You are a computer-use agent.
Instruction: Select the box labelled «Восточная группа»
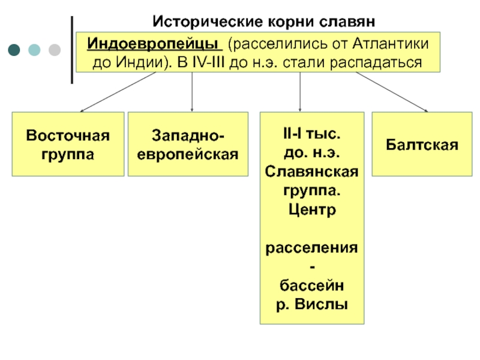(x=68, y=144)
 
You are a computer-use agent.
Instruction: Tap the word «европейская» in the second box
(x=188, y=154)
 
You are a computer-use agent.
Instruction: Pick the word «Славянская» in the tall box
(x=311, y=172)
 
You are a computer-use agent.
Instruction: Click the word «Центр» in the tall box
(x=311, y=211)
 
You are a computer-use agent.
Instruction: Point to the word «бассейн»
(x=311, y=284)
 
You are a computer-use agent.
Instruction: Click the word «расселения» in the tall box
(x=311, y=248)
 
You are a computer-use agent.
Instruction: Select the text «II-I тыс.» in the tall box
(x=311, y=134)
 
